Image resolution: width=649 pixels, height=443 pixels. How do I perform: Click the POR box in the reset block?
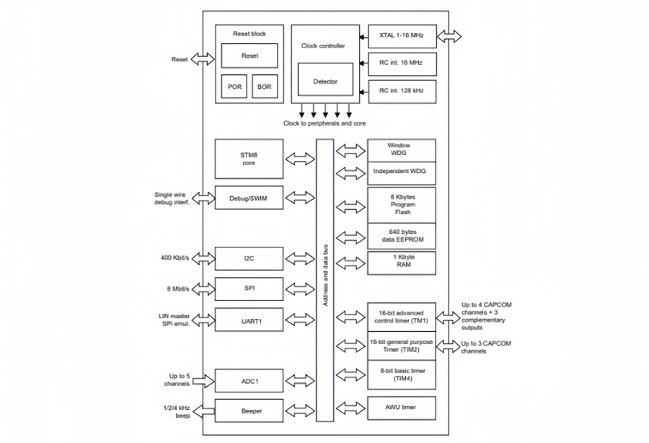coord(235,87)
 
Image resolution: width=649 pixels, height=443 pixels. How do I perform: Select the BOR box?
coord(265,87)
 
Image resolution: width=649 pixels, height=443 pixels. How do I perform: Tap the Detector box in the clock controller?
coord(324,82)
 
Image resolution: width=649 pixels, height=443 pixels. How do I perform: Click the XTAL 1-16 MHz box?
coord(402,35)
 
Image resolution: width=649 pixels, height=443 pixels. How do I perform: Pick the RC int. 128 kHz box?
coord(402,90)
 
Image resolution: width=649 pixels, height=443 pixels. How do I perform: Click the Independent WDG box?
coord(402,172)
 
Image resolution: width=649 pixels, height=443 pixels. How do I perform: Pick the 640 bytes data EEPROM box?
coord(402,235)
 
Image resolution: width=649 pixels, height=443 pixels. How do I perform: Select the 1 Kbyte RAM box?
coord(402,262)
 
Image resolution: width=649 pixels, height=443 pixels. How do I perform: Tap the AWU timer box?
coord(402,408)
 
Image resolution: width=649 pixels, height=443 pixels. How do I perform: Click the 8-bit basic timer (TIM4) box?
coord(402,374)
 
